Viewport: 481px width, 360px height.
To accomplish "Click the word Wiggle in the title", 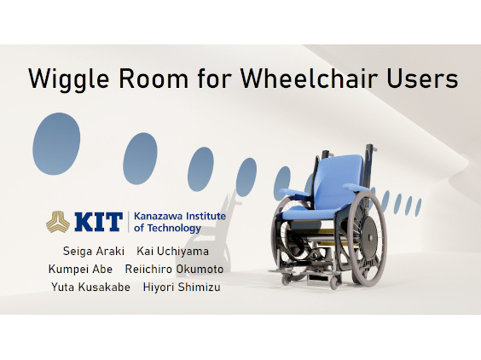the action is click(x=69, y=79).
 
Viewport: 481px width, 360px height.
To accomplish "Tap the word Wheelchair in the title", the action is click(x=309, y=78).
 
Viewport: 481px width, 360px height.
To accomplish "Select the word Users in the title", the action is click(x=422, y=78).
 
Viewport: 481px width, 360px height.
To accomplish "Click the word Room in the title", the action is click(x=154, y=78).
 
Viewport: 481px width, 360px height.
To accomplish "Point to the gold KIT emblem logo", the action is click(x=58, y=222).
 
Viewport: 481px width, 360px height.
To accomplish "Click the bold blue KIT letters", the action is click(x=98, y=222).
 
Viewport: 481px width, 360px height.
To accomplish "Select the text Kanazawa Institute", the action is click(x=180, y=216).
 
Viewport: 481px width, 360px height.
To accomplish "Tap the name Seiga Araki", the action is click(x=94, y=251).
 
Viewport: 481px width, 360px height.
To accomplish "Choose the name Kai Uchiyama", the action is click(x=173, y=251).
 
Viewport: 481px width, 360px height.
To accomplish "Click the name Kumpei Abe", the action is click(x=80, y=270).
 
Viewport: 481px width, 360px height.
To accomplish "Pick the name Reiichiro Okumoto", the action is click(x=174, y=270).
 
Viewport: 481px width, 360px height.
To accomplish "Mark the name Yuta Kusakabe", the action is click(x=90, y=287).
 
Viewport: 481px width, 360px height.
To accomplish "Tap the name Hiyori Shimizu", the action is click(x=182, y=287).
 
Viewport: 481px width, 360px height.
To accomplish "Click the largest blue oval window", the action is click(x=56, y=143).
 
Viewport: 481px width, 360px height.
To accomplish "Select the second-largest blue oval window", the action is click(x=140, y=159).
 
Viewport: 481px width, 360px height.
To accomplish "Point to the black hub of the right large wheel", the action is click(x=370, y=237).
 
